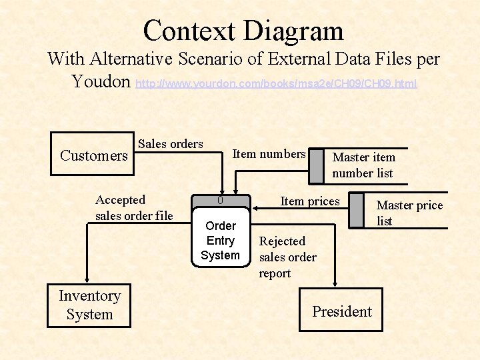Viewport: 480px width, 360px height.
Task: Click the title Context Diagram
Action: click(x=243, y=31)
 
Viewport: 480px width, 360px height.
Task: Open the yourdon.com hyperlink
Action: click(x=276, y=84)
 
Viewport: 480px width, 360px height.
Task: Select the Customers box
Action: click(x=93, y=155)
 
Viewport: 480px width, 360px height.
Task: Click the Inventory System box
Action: click(x=89, y=305)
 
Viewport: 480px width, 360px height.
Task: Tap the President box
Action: click(x=341, y=311)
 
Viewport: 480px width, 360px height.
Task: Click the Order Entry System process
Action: click(x=220, y=241)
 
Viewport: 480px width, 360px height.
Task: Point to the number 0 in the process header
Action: click(x=220, y=201)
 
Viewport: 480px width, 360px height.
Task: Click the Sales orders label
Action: click(x=170, y=144)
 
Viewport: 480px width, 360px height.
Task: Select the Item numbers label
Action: click(x=269, y=154)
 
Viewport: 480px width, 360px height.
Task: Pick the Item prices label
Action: click(x=310, y=201)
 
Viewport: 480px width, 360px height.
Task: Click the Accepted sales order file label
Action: click(x=134, y=207)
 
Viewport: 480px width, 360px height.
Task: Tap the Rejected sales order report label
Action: click(x=288, y=257)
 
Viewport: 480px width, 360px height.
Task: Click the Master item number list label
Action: click(x=363, y=165)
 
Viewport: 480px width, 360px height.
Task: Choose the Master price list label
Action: click(x=409, y=213)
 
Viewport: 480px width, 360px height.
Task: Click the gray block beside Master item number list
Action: click(x=316, y=165)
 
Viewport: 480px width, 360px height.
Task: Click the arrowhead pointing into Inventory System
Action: click(x=86, y=279)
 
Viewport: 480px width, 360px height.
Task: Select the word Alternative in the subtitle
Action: click(x=130, y=59)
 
